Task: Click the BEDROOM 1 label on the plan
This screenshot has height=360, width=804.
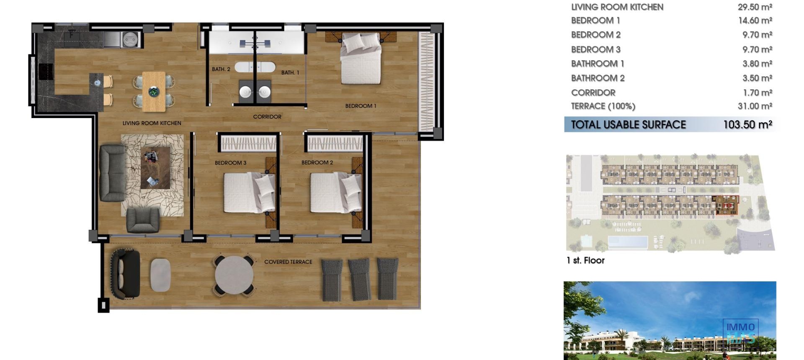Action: (361, 106)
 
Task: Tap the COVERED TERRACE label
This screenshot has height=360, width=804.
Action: (288, 262)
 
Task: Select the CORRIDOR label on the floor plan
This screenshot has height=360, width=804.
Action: (267, 117)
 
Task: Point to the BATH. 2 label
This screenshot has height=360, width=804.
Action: (221, 69)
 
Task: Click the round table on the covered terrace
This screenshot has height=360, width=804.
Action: (234, 275)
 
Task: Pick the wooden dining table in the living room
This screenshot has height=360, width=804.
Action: (154, 91)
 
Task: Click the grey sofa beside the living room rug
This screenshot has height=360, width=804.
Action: (112, 173)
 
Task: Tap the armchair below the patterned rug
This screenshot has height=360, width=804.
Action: (143, 219)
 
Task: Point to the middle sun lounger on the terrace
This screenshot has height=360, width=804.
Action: (360, 279)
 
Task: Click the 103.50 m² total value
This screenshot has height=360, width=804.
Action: (747, 125)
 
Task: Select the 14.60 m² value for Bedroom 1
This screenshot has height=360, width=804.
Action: (755, 21)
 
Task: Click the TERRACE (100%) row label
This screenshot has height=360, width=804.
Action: (603, 106)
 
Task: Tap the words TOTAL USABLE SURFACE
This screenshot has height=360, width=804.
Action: (629, 125)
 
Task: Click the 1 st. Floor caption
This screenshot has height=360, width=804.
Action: (585, 260)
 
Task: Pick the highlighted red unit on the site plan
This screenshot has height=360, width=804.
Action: (725, 206)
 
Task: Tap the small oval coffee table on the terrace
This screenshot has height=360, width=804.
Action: (160, 275)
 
